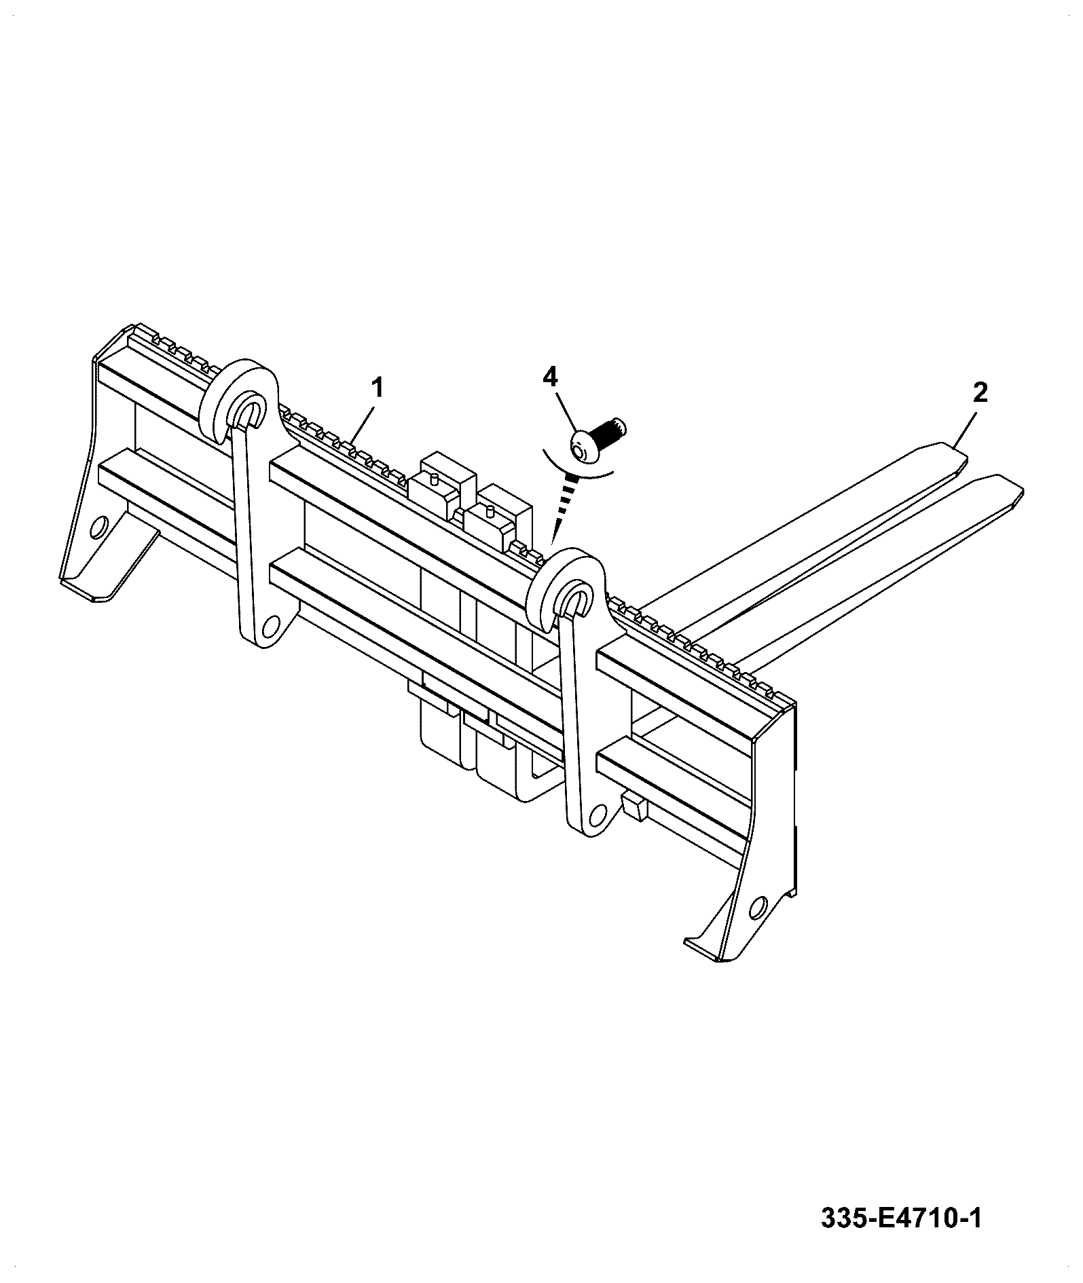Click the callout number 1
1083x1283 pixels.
(x=377, y=389)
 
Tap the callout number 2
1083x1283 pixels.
(x=980, y=392)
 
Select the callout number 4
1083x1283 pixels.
(x=550, y=376)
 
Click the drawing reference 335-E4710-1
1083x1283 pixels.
(x=902, y=1218)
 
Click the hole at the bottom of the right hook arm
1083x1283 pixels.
(x=598, y=812)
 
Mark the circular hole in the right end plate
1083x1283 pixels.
(x=758, y=908)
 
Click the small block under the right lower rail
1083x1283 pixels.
(x=634, y=805)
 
